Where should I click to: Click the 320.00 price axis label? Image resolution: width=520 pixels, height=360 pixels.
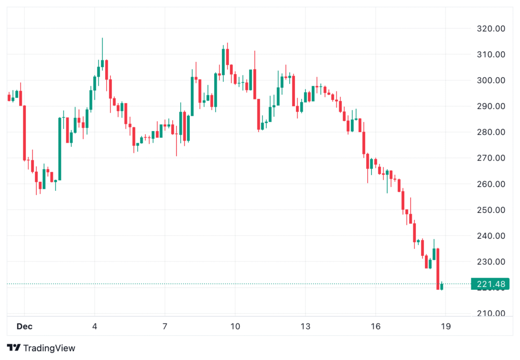point(491,29)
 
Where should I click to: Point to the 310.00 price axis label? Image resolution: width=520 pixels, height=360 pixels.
point(491,55)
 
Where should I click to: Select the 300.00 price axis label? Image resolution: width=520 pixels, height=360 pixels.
point(491,81)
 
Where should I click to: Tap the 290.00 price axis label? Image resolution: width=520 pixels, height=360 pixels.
point(491,107)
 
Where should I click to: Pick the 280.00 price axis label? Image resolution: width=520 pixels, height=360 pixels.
point(491,133)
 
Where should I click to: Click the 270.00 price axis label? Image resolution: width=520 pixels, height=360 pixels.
point(491,158)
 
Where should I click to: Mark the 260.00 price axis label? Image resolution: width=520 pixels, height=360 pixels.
point(491,184)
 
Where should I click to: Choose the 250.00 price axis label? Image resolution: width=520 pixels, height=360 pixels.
point(491,210)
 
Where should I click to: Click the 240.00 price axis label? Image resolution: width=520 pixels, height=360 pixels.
point(491,236)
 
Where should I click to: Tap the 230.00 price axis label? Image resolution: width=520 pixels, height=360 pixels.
point(491,262)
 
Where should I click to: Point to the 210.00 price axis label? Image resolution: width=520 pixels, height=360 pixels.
point(491,314)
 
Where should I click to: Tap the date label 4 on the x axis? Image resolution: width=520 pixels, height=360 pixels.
point(94,325)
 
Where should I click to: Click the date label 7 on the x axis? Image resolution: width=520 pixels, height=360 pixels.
point(165,325)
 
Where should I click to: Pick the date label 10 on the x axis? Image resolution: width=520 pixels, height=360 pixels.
point(235,325)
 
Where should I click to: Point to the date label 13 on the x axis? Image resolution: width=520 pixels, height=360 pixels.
point(305,325)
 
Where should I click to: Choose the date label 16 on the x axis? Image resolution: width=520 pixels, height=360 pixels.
point(376,325)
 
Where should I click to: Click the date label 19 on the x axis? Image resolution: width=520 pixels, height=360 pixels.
point(446,325)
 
